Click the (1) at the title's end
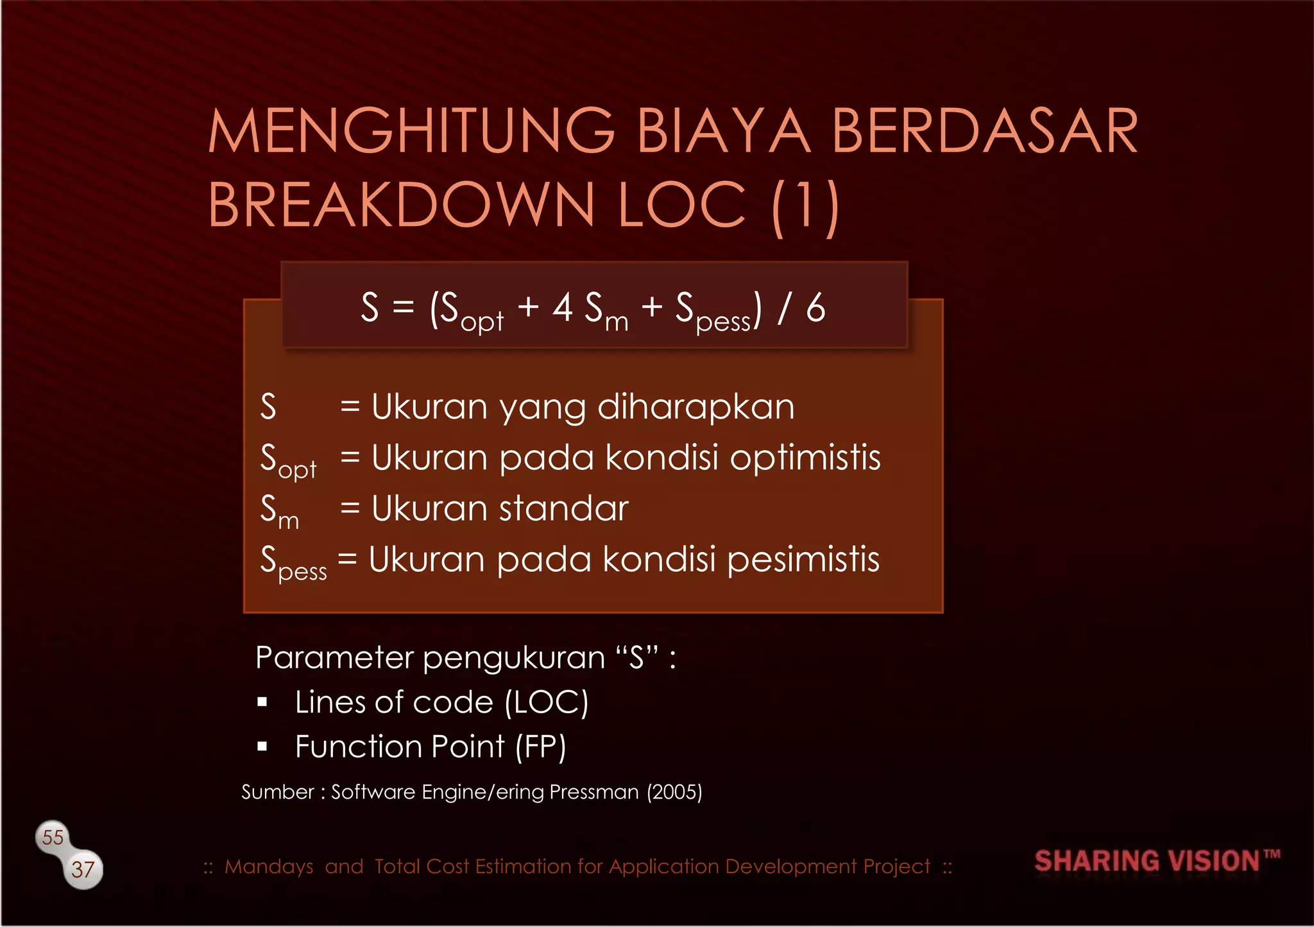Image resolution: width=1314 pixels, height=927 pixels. (x=805, y=207)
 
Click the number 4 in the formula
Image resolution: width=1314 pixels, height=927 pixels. (x=562, y=308)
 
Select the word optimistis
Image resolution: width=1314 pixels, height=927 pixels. (x=805, y=458)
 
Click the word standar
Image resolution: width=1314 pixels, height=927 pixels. (x=563, y=508)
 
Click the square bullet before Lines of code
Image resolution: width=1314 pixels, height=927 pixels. (x=262, y=702)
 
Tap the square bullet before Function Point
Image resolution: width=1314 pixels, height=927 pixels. (x=262, y=747)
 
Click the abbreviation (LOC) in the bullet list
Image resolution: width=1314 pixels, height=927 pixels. (x=546, y=702)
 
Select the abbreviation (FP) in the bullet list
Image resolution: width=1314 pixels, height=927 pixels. (x=541, y=747)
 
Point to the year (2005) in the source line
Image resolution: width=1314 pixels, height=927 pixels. (x=674, y=792)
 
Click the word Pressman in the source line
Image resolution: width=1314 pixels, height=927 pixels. (x=594, y=792)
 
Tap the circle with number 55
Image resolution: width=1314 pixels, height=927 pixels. (x=53, y=837)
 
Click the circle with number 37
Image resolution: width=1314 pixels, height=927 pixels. (x=83, y=870)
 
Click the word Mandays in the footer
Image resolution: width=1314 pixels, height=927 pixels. (x=269, y=867)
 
